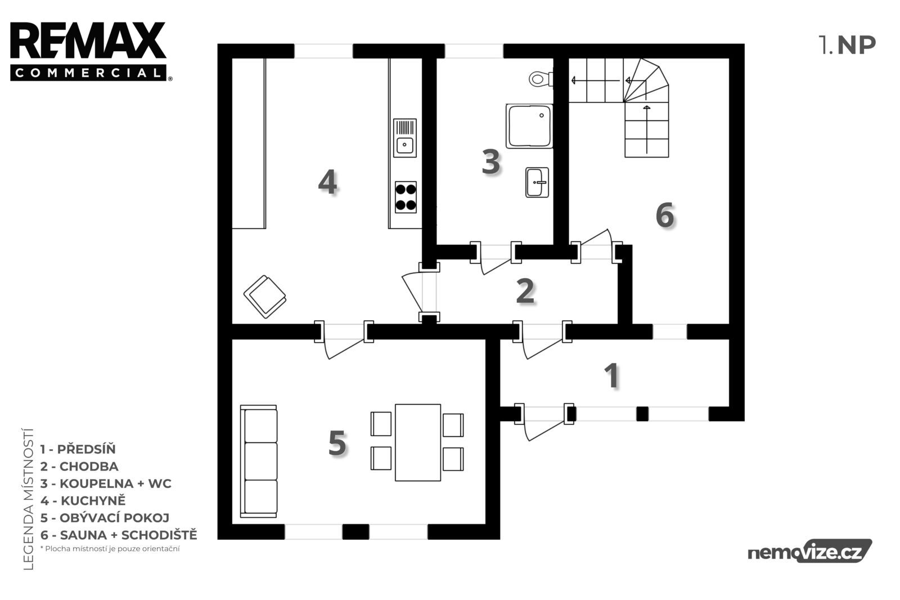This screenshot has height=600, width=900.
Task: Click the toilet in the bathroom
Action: (541, 79)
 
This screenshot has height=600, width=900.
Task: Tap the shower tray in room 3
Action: (529, 126)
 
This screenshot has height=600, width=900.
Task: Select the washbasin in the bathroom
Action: (537, 182)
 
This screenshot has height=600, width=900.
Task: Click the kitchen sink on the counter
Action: (404, 138)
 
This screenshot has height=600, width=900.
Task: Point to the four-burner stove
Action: (406, 197)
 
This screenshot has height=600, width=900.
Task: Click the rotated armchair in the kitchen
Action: (265, 297)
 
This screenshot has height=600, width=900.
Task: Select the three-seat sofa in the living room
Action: (259, 462)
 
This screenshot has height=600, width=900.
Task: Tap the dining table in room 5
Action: (418, 442)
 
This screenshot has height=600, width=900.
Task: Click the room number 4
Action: (327, 182)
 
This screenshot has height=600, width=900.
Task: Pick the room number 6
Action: (664, 216)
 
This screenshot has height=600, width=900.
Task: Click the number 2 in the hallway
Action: (525, 291)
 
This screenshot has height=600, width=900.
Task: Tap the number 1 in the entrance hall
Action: (612, 375)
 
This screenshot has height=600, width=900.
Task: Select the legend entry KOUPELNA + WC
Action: (106, 483)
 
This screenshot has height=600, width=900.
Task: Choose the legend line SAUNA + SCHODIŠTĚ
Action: (119, 535)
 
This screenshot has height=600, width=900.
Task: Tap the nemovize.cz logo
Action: (809, 551)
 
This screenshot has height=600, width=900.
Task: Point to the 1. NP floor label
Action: (847, 45)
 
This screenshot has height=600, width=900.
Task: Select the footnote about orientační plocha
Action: (110, 549)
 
